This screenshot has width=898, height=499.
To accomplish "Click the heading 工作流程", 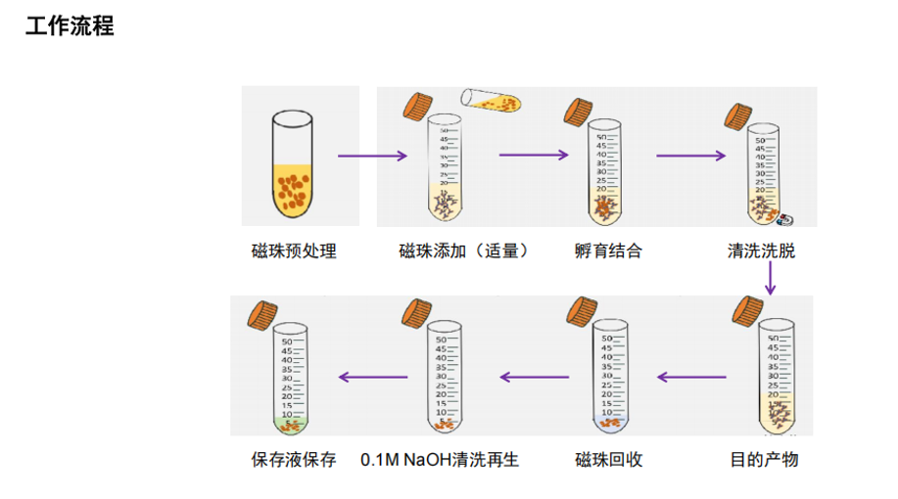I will pyautogui.click(x=70, y=26).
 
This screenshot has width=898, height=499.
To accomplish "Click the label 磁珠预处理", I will pyautogui.click(x=294, y=251).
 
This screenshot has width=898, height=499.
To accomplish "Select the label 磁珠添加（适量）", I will pyautogui.click(x=464, y=251).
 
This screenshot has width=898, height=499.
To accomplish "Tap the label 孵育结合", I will pyautogui.click(x=608, y=251).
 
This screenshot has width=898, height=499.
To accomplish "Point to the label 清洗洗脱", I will pyautogui.click(x=761, y=251).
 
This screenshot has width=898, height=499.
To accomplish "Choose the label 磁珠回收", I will pyautogui.click(x=608, y=458).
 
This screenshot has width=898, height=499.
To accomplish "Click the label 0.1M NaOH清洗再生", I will pyautogui.click(x=440, y=458).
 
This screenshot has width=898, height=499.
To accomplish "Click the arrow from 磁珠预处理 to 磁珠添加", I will pyautogui.click(x=372, y=156).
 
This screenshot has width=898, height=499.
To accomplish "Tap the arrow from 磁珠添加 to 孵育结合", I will pyautogui.click(x=534, y=155).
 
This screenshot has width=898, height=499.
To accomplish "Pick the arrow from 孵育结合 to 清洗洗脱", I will pyautogui.click(x=690, y=155).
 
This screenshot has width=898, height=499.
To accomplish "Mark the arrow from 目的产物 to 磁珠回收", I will pyautogui.click(x=691, y=377).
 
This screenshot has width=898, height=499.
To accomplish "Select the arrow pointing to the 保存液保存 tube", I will pyautogui.click(x=372, y=377).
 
